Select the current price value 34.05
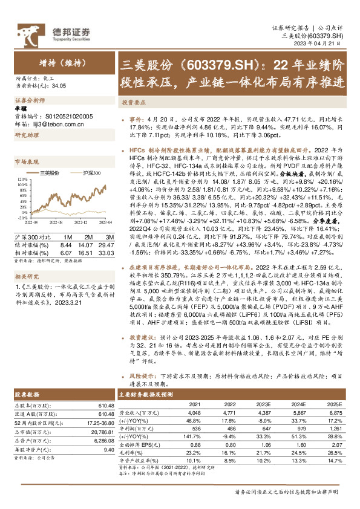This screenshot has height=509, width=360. pos(60,86)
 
